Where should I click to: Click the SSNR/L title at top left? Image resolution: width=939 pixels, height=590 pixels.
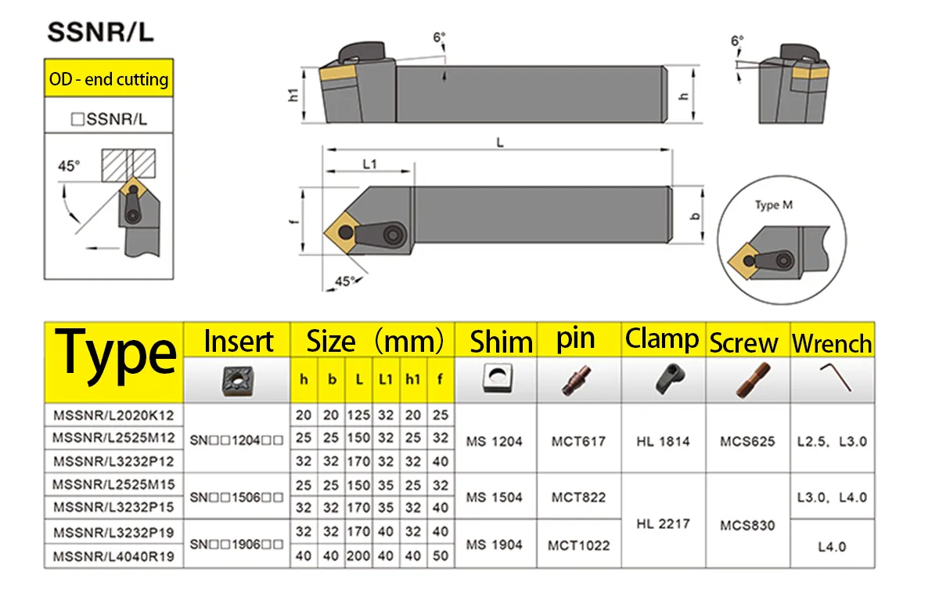tap(101, 32)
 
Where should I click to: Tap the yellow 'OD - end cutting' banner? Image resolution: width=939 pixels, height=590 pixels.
tap(109, 78)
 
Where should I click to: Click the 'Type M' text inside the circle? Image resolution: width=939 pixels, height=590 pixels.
tap(774, 205)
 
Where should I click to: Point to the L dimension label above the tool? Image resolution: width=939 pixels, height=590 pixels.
tap(500, 143)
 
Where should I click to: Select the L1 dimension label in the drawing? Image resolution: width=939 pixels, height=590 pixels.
tap(369, 164)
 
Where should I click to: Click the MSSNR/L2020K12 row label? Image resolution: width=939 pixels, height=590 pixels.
tap(113, 415)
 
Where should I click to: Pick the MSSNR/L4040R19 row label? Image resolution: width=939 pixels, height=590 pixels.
tap(113, 556)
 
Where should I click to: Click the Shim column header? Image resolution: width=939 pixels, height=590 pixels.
tap(501, 342)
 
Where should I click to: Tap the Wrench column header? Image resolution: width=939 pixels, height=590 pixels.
tap(832, 344)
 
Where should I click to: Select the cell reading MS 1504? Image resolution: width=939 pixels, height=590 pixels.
tap(495, 498)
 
